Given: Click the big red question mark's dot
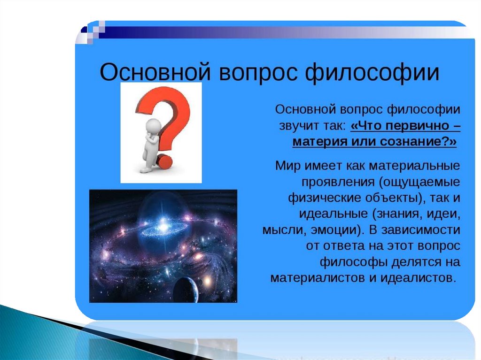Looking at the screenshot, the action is pos(165,161).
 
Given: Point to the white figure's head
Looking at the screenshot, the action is pos(153,125).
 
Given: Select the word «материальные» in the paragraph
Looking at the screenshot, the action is pos(414,166).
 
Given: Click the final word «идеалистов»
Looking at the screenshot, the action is pos(417,278).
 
